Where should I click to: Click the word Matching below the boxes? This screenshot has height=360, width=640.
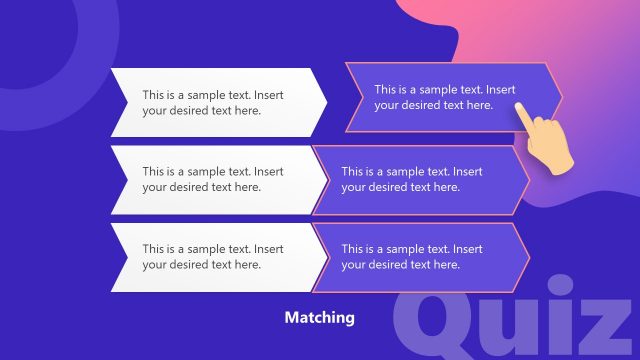(319, 318)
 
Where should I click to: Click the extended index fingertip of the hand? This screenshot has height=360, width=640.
(518, 106)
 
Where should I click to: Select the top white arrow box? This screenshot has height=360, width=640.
(215, 102)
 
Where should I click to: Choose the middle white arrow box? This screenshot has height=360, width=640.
(215, 179)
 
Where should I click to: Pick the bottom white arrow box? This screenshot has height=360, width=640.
(215, 256)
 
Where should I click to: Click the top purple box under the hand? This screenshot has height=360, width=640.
(450, 97)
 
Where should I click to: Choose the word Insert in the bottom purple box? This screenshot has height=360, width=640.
(467, 249)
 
